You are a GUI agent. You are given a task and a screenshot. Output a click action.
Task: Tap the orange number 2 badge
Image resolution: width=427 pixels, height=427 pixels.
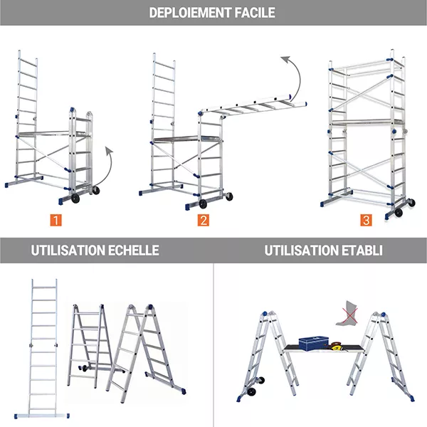(204, 220)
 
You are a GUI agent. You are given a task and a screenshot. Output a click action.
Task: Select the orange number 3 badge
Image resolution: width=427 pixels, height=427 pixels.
(366, 220)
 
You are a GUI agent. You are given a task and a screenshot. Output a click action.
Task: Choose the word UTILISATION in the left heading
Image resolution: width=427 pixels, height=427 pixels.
(64, 251)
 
